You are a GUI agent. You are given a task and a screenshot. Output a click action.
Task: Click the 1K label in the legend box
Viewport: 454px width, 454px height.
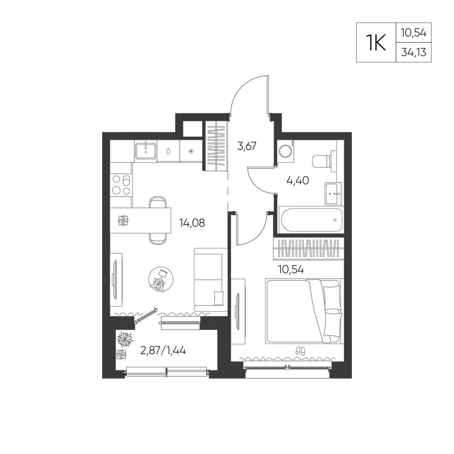click(x=376, y=42)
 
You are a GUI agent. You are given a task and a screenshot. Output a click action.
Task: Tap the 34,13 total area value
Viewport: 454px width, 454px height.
click(x=414, y=52)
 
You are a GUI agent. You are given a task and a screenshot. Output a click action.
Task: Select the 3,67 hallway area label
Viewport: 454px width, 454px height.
click(x=247, y=146)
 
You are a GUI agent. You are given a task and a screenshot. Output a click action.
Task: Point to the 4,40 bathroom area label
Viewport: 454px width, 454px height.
click(x=297, y=181)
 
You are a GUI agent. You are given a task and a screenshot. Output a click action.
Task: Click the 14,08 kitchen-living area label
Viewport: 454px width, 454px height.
click(x=192, y=223)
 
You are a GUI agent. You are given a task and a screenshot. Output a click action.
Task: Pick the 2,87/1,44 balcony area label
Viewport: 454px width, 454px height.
click(x=163, y=350)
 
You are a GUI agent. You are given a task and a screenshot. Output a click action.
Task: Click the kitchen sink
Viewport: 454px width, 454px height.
click(x=145, y=151)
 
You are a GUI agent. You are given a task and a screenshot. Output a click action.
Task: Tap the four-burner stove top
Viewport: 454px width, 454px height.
click(x=121, y=185)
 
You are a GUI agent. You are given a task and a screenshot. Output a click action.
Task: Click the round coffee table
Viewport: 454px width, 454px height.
click(x=161, y=279)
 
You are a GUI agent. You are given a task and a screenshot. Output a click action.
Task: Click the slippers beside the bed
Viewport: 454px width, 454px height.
click(x=300, y=351)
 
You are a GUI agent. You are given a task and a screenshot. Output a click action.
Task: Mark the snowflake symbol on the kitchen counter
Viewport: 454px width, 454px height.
click(x=191, y=151)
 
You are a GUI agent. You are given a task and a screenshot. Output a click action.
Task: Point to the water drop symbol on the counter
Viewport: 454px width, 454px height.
click(x=168, y=151)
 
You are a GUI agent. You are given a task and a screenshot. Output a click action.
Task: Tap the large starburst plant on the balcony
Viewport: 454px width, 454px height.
click(x=124, y=339)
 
